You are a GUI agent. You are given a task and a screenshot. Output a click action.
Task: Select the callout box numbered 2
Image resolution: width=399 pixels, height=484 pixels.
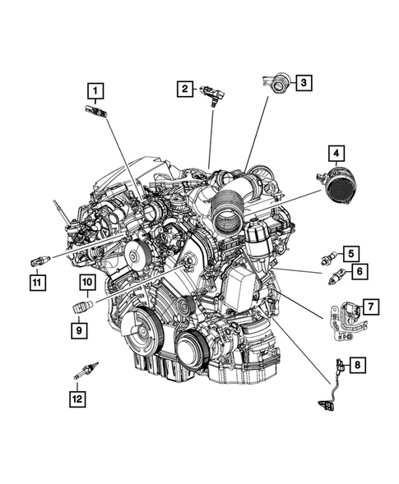[186, 88]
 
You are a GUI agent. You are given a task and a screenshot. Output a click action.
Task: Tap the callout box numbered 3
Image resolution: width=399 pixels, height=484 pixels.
[302, 82]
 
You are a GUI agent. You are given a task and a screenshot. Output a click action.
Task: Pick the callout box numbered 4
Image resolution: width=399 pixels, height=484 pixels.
[335, 153]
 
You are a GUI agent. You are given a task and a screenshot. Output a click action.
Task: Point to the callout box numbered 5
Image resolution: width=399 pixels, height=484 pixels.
[350, 254]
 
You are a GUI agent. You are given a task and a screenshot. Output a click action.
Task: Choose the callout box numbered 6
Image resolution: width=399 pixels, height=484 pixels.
[360, 270]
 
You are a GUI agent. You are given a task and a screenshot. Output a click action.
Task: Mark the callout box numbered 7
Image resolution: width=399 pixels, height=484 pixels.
[371, 307]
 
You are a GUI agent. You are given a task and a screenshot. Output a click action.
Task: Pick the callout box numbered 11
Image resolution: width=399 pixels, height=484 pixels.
[37, 283]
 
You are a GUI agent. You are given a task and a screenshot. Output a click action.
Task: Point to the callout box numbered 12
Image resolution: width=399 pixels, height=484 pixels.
[77, 399]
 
